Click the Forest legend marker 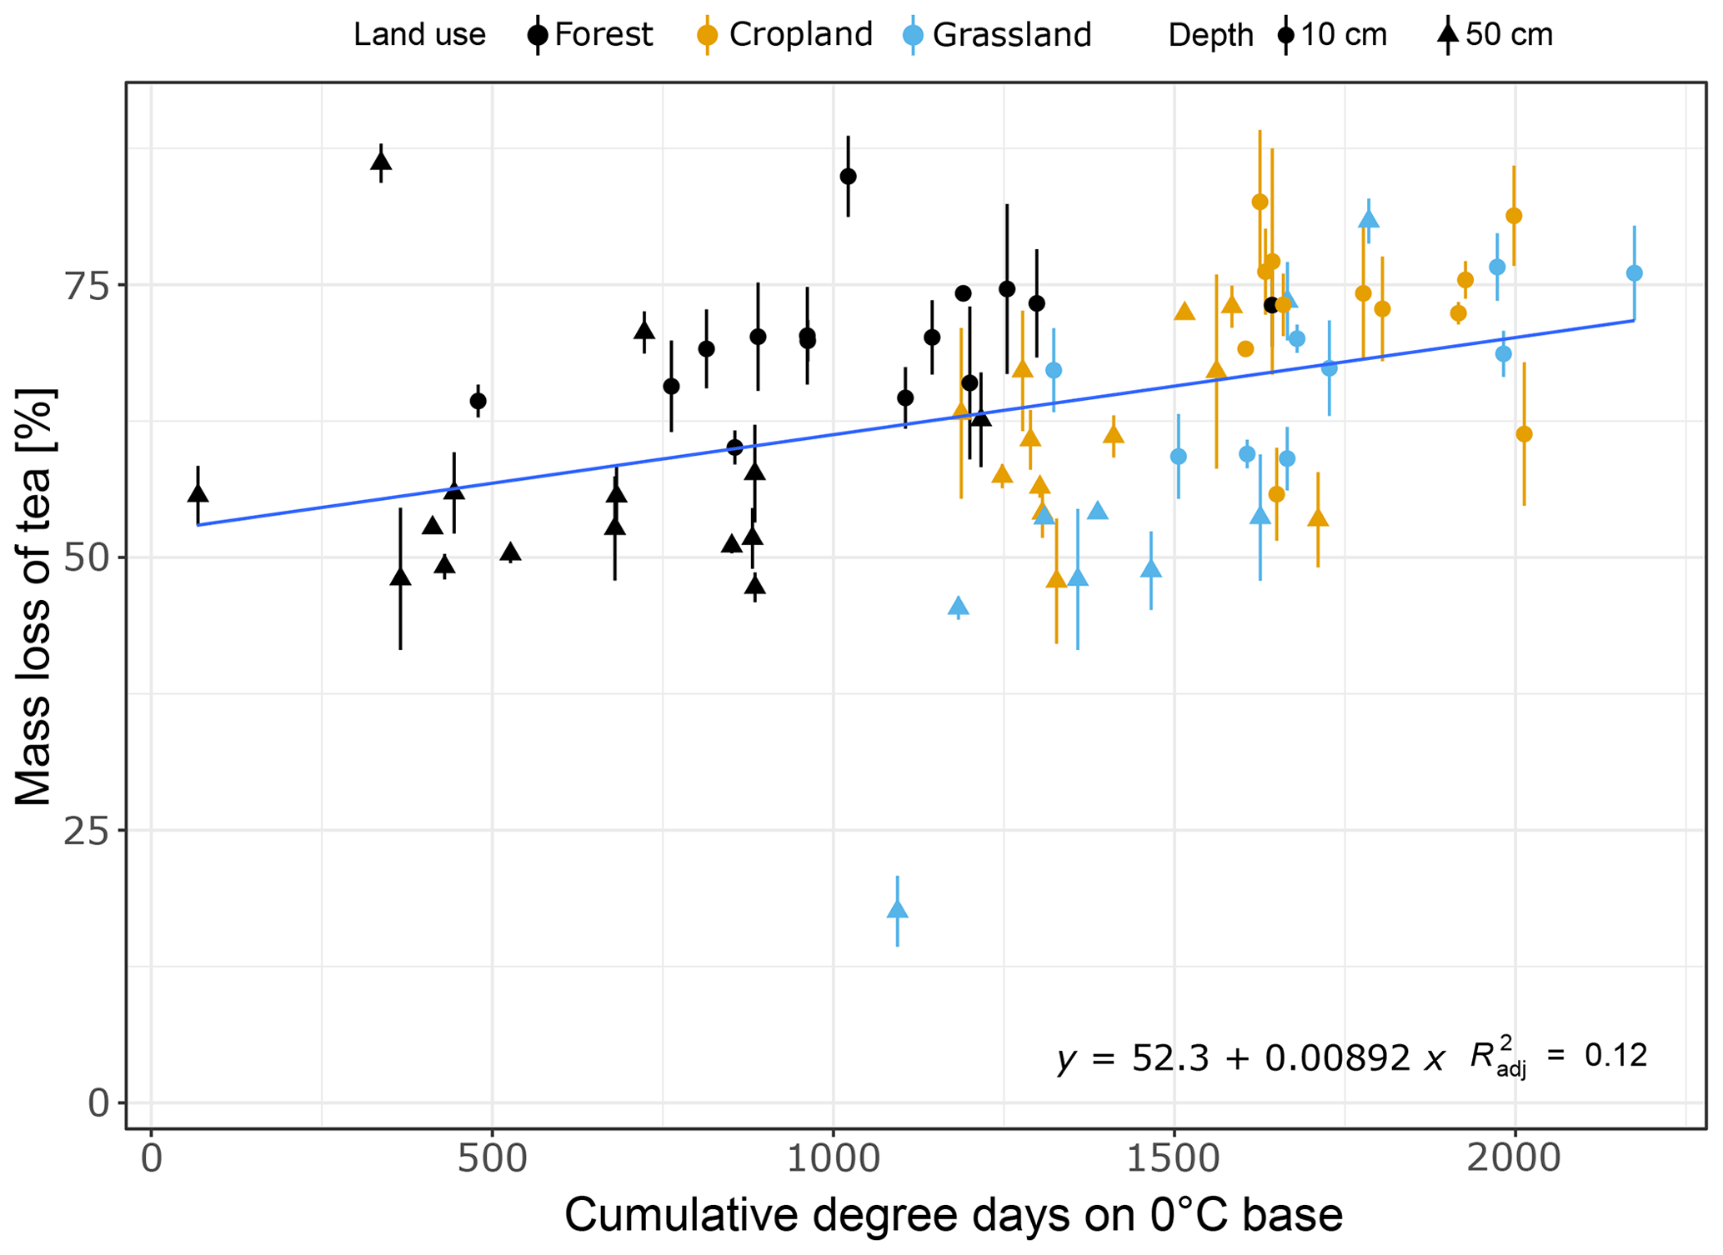click(x=538, y=35)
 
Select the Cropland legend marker click(x=707, y=35)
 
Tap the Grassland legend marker click(x=913, y=35)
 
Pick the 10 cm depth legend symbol click(x=1286, y=35)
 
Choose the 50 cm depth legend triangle click(x=1448, y=34)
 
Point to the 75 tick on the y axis click(x=87, y=286)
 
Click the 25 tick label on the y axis click(x=87, y=832)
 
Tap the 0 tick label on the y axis click(x=99, y=1104)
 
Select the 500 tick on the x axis click(x=492, y=1160)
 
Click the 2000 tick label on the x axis click(x=1514, y=1160)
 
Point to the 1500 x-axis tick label click(x=1174, y=1160)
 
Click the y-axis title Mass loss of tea click(x=35, y=597)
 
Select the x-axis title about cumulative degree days click(x=953, y=1216)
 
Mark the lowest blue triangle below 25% click(x=897, y=909)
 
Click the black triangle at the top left click(x=381, y=161)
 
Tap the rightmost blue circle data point click(x=1634, y=273)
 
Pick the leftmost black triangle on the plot click(x=198, y=492)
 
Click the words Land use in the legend click(x=419, y=35)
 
